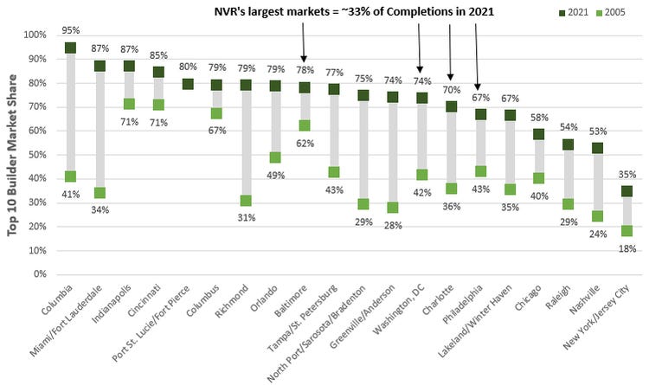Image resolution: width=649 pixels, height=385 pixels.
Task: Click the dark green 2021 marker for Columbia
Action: click(x=71, y=48)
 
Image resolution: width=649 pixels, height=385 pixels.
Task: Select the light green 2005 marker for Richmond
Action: click(x=246, y=201)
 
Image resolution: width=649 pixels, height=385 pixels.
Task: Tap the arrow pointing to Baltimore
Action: click(x=304, y=47)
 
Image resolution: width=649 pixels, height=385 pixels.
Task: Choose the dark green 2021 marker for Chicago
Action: click(x=538, y=134)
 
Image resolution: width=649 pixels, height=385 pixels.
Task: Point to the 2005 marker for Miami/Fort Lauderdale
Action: click(x=100, y=193)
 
